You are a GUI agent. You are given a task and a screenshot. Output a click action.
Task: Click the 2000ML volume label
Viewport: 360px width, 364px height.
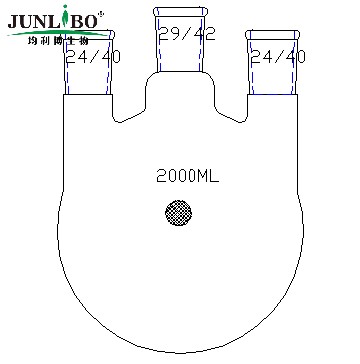(x=187, y=176)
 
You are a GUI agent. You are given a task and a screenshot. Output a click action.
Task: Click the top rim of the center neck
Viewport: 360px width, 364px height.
(x=180, y=9)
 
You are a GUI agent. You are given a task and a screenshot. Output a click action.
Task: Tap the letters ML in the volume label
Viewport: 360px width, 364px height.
(x=208, y=176)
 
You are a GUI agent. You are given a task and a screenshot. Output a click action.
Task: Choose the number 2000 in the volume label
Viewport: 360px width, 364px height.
(x=175, y=176)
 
